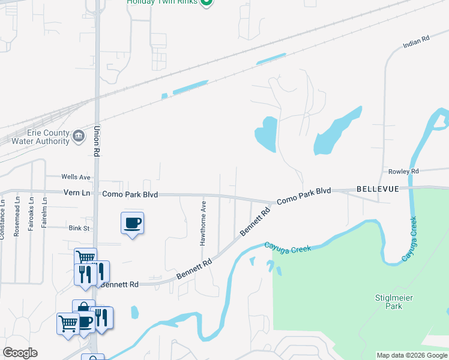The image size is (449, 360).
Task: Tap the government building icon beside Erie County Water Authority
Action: pyautogui.click(x=79, y=137)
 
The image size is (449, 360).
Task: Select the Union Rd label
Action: pyautogui.click(x=97, y=141)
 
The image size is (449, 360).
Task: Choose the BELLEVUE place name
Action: pyautogui.click(x=378, y=189)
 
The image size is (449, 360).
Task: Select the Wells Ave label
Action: pyautogui.click(x=76, y=178)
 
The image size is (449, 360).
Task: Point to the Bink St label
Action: pyautogui.click(x=79, y=229)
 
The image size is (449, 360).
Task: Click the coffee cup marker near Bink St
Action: pyautogui.click(x=132, y=224)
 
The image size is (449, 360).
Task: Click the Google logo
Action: pyautogui.click(x=20, y=353)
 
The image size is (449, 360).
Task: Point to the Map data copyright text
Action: pyautogui.click(x=412, y=355)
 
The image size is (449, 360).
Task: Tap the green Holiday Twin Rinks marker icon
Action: pyautogui.click(x=206, y=2)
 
